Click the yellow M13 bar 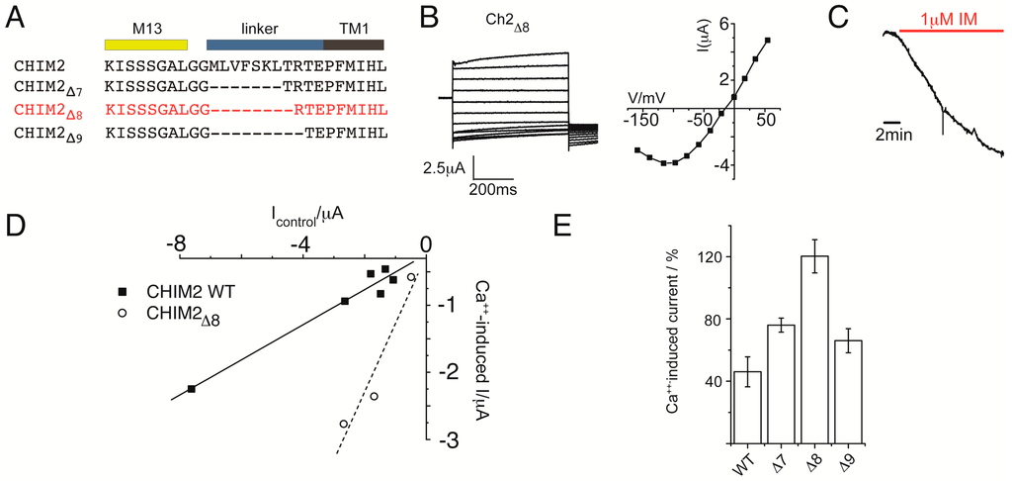(x=145, y=46)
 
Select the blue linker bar (x=265, y=46)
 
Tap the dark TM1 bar (x=354, y=46)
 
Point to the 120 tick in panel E (x=709, y=257)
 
